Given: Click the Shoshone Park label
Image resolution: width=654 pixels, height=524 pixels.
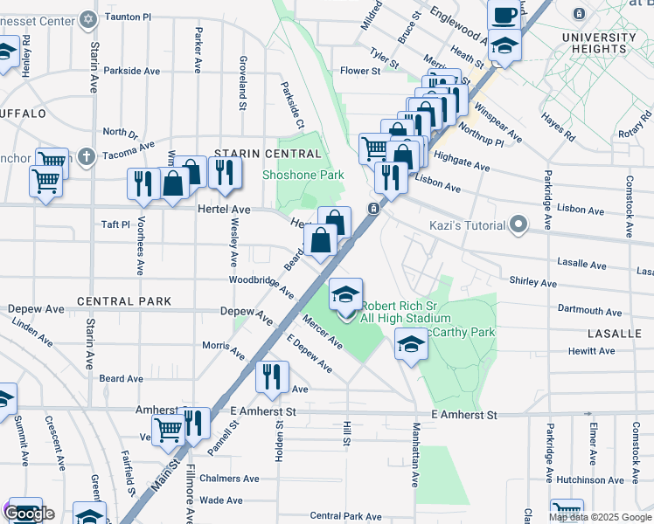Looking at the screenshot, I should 303,175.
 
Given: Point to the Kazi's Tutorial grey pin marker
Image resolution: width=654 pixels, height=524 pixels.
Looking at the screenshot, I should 518,225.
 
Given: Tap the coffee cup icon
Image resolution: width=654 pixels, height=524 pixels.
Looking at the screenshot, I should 503,15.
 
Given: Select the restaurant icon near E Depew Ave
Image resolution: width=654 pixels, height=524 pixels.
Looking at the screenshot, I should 272,376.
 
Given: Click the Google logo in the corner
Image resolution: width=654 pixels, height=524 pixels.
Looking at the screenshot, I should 29,514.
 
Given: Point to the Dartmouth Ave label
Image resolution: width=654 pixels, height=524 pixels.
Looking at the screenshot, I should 590,311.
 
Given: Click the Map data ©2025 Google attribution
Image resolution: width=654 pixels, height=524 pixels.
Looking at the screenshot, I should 600,517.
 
